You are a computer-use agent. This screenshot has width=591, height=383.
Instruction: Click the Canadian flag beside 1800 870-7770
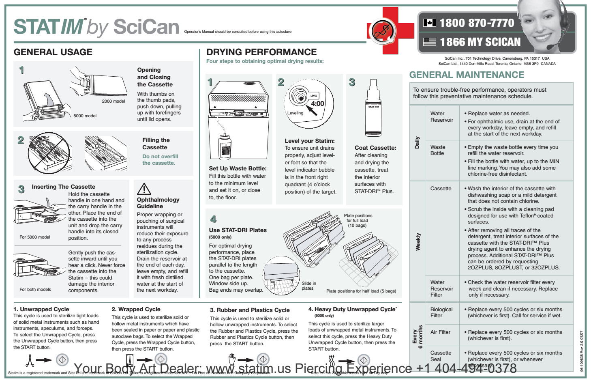[x=429, y=23]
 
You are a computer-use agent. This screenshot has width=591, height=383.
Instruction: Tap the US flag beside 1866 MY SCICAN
[x=429, y=42]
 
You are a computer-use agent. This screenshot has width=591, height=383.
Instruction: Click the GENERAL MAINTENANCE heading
[x=467, y=75]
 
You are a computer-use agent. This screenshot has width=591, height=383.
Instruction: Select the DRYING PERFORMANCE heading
[x=261, y=52]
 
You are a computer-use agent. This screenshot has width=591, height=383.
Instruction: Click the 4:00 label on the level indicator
[x=317, y=103]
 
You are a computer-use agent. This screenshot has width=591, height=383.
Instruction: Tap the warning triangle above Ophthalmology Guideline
[x=144, y=189]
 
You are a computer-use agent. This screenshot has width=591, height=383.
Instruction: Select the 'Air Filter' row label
[x=440, y=332]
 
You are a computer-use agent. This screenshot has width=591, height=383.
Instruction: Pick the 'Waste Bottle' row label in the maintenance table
[x=438, y=150]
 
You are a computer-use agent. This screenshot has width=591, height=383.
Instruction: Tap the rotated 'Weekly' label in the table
[x=418, y=241]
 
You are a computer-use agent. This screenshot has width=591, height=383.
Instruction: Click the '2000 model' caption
[x=113, y=101]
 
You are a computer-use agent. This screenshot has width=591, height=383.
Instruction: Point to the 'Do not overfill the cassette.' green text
[x=160, y=159]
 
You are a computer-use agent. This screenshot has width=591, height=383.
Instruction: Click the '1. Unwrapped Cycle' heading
[x=41, y=309]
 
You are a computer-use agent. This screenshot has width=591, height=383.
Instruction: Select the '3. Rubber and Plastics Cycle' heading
[x=250, y=310]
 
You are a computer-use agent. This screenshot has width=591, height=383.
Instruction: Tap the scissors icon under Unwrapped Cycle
[x=30, y=360]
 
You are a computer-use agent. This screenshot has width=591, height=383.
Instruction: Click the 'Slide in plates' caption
[x=308, y=286]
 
